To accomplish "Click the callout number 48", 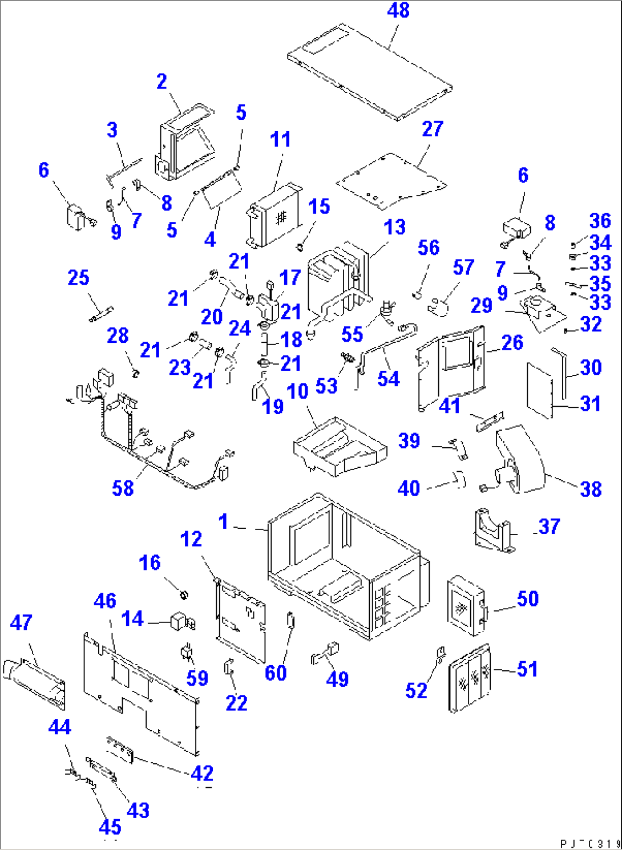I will (398, 10).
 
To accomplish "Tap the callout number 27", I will (432, 129).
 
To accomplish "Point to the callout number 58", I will (123, 488).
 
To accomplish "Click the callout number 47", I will (21, 622).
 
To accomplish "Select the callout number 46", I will (105, 601).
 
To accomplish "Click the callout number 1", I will (223, 521).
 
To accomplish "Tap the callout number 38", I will (591, 489).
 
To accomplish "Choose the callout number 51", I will (527, 669).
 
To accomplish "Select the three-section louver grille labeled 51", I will (470, 679).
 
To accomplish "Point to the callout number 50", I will (527, 598).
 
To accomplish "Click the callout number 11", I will (280, 139).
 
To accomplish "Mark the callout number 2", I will (162, 81).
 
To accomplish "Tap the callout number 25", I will (78, 278).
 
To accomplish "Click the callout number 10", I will (297, 391).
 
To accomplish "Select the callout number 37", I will (549, 526).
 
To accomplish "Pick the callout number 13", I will (394, 227).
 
